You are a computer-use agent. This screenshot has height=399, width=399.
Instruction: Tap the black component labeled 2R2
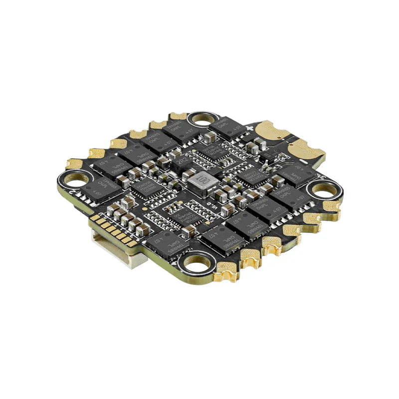point(181,161)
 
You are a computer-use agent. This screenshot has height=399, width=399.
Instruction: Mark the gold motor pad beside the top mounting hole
point(177,116)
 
